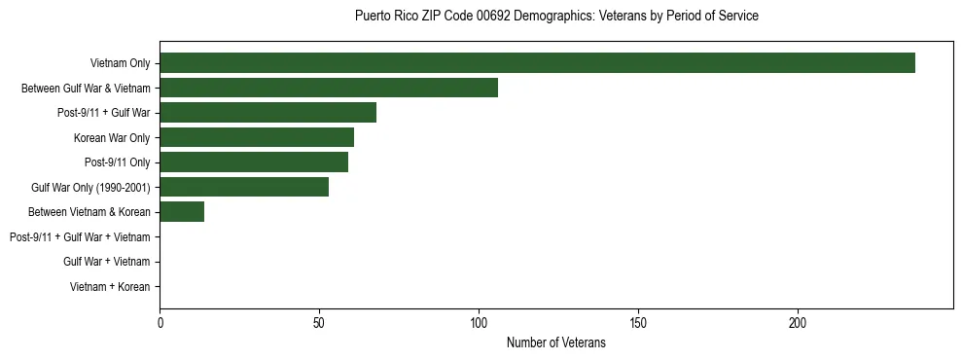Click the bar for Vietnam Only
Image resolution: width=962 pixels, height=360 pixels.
click(537, 63)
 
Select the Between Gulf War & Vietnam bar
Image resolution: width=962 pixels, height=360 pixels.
click(329, 88)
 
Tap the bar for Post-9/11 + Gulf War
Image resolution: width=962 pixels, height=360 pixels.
click(267, 113)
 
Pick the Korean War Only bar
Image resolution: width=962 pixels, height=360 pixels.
click(257, 137)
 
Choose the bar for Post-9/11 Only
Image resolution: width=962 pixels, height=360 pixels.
click(254, 162)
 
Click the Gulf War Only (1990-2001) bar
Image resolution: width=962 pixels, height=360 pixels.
click(244, 187)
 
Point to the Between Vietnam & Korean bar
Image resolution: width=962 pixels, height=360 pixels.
click(182, 212)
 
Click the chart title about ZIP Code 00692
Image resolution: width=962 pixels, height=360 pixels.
click(556, 17)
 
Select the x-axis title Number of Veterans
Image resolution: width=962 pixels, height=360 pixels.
click(556, 342)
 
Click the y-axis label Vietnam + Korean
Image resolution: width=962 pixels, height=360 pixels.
click(110, 287)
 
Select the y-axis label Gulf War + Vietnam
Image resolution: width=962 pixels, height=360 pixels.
click(106, 262)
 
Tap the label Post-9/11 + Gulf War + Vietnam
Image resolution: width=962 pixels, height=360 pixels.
click(80, 236)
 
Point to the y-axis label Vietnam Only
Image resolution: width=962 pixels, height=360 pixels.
click(120, 63)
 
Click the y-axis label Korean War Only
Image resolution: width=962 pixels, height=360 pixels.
click(112, 137)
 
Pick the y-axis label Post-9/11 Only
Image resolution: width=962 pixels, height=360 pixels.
click(118, 162)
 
